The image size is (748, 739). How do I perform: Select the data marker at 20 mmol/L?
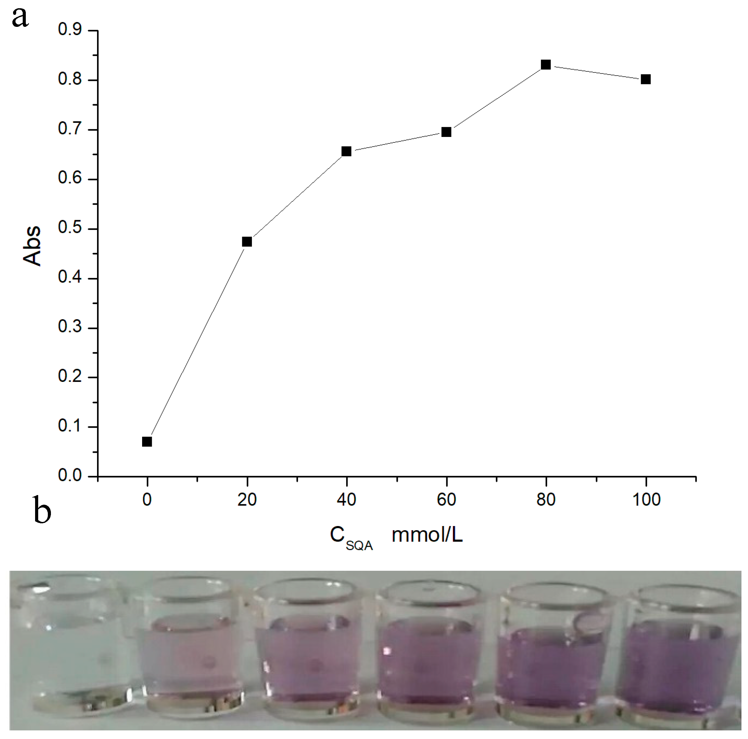247,242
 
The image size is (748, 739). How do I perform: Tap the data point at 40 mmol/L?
346,151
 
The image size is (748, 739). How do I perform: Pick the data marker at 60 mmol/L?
446,132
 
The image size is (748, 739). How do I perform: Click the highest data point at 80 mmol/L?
546,65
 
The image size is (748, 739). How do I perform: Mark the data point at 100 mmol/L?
646,79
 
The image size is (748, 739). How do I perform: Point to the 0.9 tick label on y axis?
70,30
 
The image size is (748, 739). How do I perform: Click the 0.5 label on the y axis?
70,228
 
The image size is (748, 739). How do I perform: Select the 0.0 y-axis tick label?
70,475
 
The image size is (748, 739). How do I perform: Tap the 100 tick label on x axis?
646,500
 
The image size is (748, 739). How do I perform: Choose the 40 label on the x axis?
346,500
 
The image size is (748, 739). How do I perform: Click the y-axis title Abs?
32,246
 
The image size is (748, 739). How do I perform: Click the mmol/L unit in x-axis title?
427,535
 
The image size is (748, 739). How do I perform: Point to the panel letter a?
20,18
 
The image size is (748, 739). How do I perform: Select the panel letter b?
42,510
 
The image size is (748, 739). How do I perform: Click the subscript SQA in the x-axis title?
359,546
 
